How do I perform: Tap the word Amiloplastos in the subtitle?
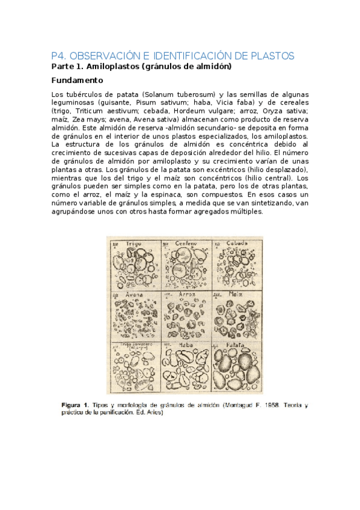[x=111, y=67]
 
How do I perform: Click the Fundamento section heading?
[x=77, y=80]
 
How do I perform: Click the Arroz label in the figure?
[x=188, y=294]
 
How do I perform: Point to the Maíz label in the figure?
[x=235, y=294]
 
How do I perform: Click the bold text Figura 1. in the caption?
[x=76, y=405]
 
